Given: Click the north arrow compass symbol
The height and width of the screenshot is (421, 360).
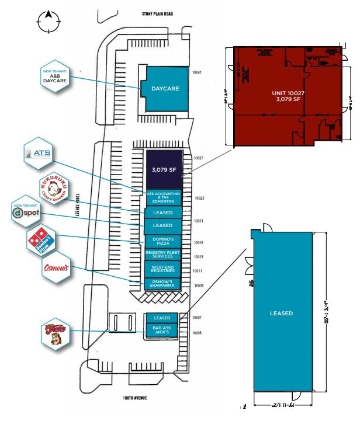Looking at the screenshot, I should click(48, 22).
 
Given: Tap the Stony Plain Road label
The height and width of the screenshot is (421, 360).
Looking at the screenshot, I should click(158, 13).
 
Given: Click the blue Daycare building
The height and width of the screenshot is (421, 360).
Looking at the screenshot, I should click(166, 89).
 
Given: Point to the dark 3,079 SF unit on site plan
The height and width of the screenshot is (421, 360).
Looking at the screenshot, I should click(164, 170).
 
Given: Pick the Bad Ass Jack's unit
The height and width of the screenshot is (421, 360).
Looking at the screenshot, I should click(161, 331).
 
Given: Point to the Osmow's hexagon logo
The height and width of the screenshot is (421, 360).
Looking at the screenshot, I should click(56, 269).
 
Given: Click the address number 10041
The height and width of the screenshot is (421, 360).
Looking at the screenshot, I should click(197, 72).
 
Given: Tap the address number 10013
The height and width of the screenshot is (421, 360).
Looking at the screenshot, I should click(199, 257).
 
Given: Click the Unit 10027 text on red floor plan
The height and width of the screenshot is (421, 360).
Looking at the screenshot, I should click(286, 96).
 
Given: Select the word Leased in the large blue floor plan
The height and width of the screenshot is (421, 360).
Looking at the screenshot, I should click(281, 314).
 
